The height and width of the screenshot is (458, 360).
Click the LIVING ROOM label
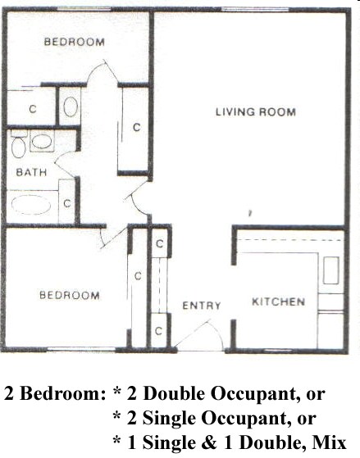click(255, 111)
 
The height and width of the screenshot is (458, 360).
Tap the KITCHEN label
click(278, 302)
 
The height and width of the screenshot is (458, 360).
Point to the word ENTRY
click(201, 306)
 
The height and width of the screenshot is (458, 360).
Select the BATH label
click(30, 172)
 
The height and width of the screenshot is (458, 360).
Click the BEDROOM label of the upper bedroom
click(74, 42)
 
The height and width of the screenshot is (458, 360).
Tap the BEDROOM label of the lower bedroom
click(70, 296)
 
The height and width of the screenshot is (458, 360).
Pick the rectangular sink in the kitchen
click(331, 270)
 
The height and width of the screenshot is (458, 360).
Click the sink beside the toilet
click(41, 143)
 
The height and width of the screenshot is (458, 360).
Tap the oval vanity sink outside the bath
click(71, 107)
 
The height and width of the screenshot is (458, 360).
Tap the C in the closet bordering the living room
click(136, 127)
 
